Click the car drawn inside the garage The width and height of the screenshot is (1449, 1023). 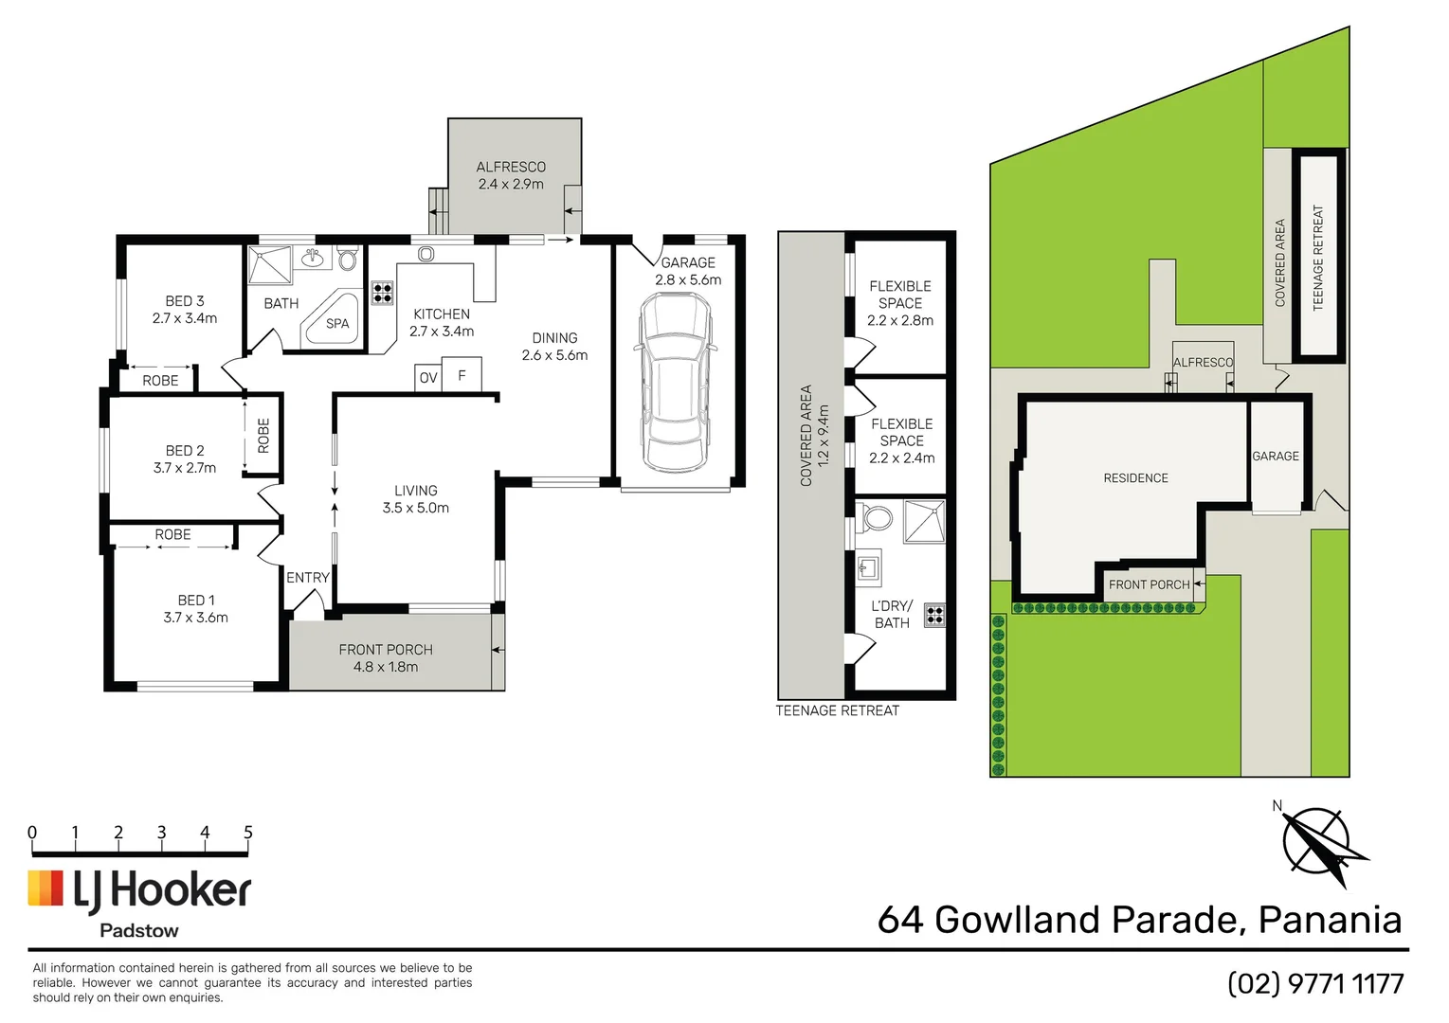pos(675,381)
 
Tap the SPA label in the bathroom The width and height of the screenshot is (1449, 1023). pos(337,324)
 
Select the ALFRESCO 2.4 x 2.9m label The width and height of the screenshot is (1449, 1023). pos(511,175)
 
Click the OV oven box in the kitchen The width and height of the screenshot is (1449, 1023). pos(428,378)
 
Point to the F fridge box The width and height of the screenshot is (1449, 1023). pos(462,375)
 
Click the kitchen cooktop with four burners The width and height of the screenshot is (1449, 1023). pos(382,292)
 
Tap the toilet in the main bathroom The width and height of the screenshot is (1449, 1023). pos(348,258)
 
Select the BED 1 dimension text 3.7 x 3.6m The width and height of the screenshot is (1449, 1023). pos(195,618)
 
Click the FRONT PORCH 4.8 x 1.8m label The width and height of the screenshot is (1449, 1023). pos(386,658)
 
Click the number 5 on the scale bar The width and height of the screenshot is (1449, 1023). pos(248,833)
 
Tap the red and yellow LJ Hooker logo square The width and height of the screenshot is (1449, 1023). pos(45,888)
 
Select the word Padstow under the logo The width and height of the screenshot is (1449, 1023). pos(139,931)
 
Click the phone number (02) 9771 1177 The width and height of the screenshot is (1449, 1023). pos(1315,984)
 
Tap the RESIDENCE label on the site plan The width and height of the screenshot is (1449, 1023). pos(1135,478)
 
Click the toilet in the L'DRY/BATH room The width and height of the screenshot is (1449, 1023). pos(878,518)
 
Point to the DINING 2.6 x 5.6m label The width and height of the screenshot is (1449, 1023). pos(554,347)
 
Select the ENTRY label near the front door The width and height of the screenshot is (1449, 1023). pos(308,578)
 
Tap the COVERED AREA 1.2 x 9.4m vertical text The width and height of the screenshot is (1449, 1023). pos(814,436)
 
